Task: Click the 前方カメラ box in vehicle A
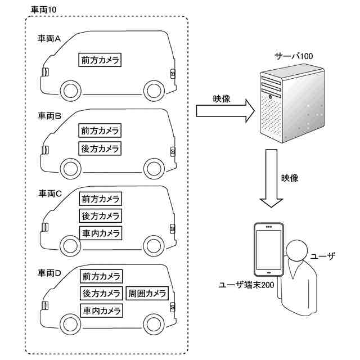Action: click(100, 60)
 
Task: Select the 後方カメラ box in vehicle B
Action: click(100, 148)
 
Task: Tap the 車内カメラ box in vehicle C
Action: click(101, 233)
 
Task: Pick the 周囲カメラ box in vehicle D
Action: click(147, 293)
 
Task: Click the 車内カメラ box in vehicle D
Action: click(101, 310)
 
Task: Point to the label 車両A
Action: click(49, 39)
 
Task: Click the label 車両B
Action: click(49, 116)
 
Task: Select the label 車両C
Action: click(50, 193)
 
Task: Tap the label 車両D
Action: click(49, 273)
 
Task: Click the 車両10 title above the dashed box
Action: click(43, 10)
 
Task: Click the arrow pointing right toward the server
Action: click(225, 111)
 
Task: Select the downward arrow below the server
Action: click(271, 178)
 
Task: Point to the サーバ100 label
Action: click(294, 56)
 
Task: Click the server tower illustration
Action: click(292, 103)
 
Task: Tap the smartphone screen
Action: click(269, 250)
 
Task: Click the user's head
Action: click(297, 250)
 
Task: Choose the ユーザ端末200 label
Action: click(246, 285)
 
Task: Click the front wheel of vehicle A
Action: click(71, 91)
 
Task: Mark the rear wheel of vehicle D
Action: click(154, 324)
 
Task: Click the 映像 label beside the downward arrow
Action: click(290, 178)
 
